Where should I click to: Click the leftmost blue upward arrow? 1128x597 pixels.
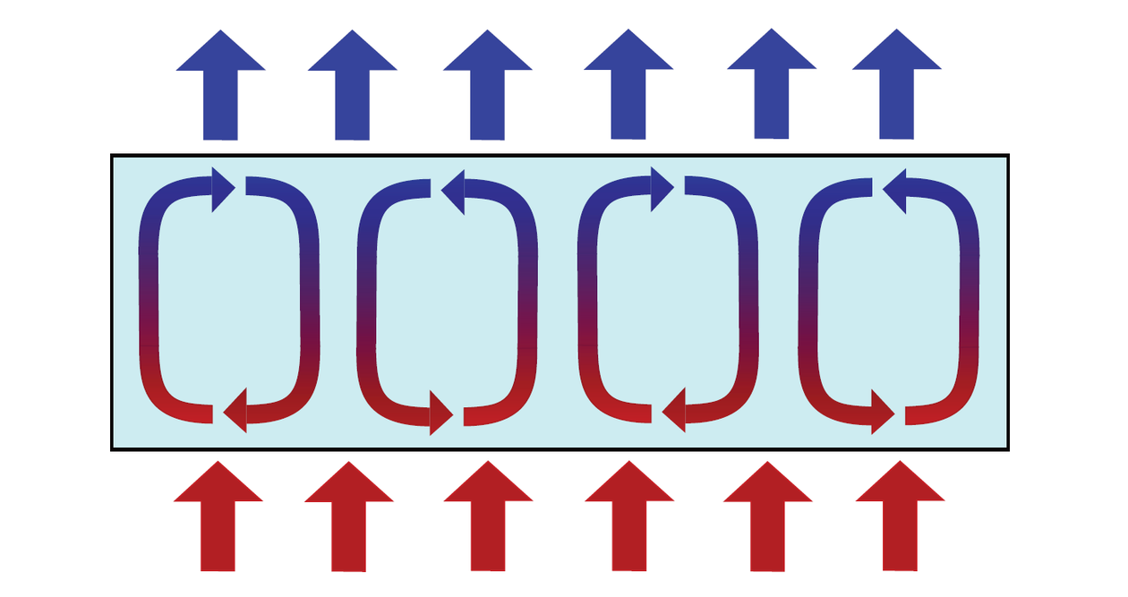click(x=220, y=90)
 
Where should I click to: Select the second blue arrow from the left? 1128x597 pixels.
click(x=353, y=90)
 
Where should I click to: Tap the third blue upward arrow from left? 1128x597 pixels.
click(x=488, y=90)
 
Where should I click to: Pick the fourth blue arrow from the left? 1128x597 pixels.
click(x=628, y=90)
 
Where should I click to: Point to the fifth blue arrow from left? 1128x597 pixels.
click(x=772, y=90)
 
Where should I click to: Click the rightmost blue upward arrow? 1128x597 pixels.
click(x=896, y=90)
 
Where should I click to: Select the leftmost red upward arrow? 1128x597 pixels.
click(x=218, y=519)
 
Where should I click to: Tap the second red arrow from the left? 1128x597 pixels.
click(x=349, y=520)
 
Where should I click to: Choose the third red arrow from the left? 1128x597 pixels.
click(x=489, y=519)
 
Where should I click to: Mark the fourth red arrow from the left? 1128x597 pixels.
click(x=629, y=519)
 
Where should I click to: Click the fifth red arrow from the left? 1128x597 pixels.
click(x=768, y=519)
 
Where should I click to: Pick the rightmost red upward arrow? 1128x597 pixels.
click(x=900, y=519)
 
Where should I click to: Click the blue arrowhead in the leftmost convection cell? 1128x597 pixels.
click(x=222, y=187)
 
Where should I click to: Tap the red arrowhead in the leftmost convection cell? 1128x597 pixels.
click(x=235, y=412)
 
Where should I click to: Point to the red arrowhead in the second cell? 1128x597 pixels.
click(x=440, y=414)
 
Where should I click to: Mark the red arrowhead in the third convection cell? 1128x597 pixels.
click(x=674, y=412)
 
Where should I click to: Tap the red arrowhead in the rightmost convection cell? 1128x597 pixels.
click(x=882, y=413)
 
